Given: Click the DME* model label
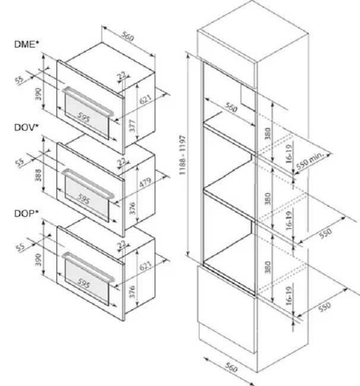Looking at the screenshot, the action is (27, 45).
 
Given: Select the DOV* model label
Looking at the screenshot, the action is (27, 128).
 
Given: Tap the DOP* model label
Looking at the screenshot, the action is (27, 213).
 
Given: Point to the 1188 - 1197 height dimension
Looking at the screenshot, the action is (183, 154).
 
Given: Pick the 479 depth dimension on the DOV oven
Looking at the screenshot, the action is (145, 182).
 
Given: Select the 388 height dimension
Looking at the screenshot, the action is (38, 175).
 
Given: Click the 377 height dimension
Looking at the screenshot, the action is (132, 125).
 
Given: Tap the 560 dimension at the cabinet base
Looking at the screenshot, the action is (230, 368).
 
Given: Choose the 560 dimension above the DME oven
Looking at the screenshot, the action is (128, 37).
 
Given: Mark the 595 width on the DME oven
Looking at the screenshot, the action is (83, 117).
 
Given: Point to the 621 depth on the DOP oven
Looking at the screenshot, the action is (146, 266).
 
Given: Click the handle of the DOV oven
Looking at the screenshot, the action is (88, 183).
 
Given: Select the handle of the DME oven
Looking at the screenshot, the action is (88, 101).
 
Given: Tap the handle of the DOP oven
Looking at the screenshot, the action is (88, 267).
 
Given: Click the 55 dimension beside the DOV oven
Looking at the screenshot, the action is (20, 163).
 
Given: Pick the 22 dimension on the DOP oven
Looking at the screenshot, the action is (122, 245).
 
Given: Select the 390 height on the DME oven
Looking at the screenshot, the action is (38, 94).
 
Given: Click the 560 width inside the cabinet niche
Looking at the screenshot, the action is (230, 107).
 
